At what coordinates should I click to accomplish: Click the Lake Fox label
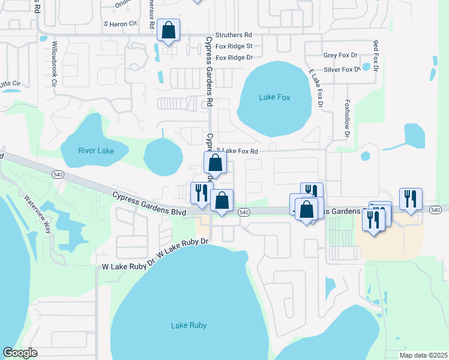pos(274,97)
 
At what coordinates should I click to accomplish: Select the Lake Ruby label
pos(188,325)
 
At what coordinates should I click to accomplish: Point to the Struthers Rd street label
pos(234,35)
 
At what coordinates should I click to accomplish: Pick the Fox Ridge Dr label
pos(234,58)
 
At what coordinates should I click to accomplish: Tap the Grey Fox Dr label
pos(340,55)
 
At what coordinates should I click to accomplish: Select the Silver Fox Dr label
pos(342,70)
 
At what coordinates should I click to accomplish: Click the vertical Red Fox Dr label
pos(375,56)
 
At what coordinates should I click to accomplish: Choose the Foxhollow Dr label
pos(347,119)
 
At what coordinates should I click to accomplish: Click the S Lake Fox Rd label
pos(237,152)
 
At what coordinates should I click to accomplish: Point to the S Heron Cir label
pos(121,24)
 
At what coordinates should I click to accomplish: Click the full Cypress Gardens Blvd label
pos(149,203)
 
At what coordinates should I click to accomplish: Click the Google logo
pos(20,352)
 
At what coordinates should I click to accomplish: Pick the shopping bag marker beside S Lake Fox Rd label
pos(214,163)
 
